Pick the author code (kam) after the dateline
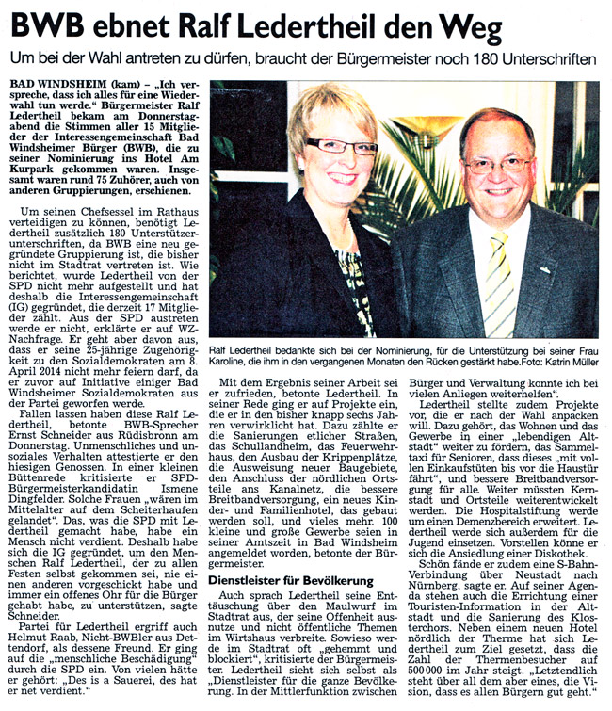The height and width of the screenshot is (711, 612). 128,85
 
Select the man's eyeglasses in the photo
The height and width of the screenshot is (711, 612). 496,163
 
